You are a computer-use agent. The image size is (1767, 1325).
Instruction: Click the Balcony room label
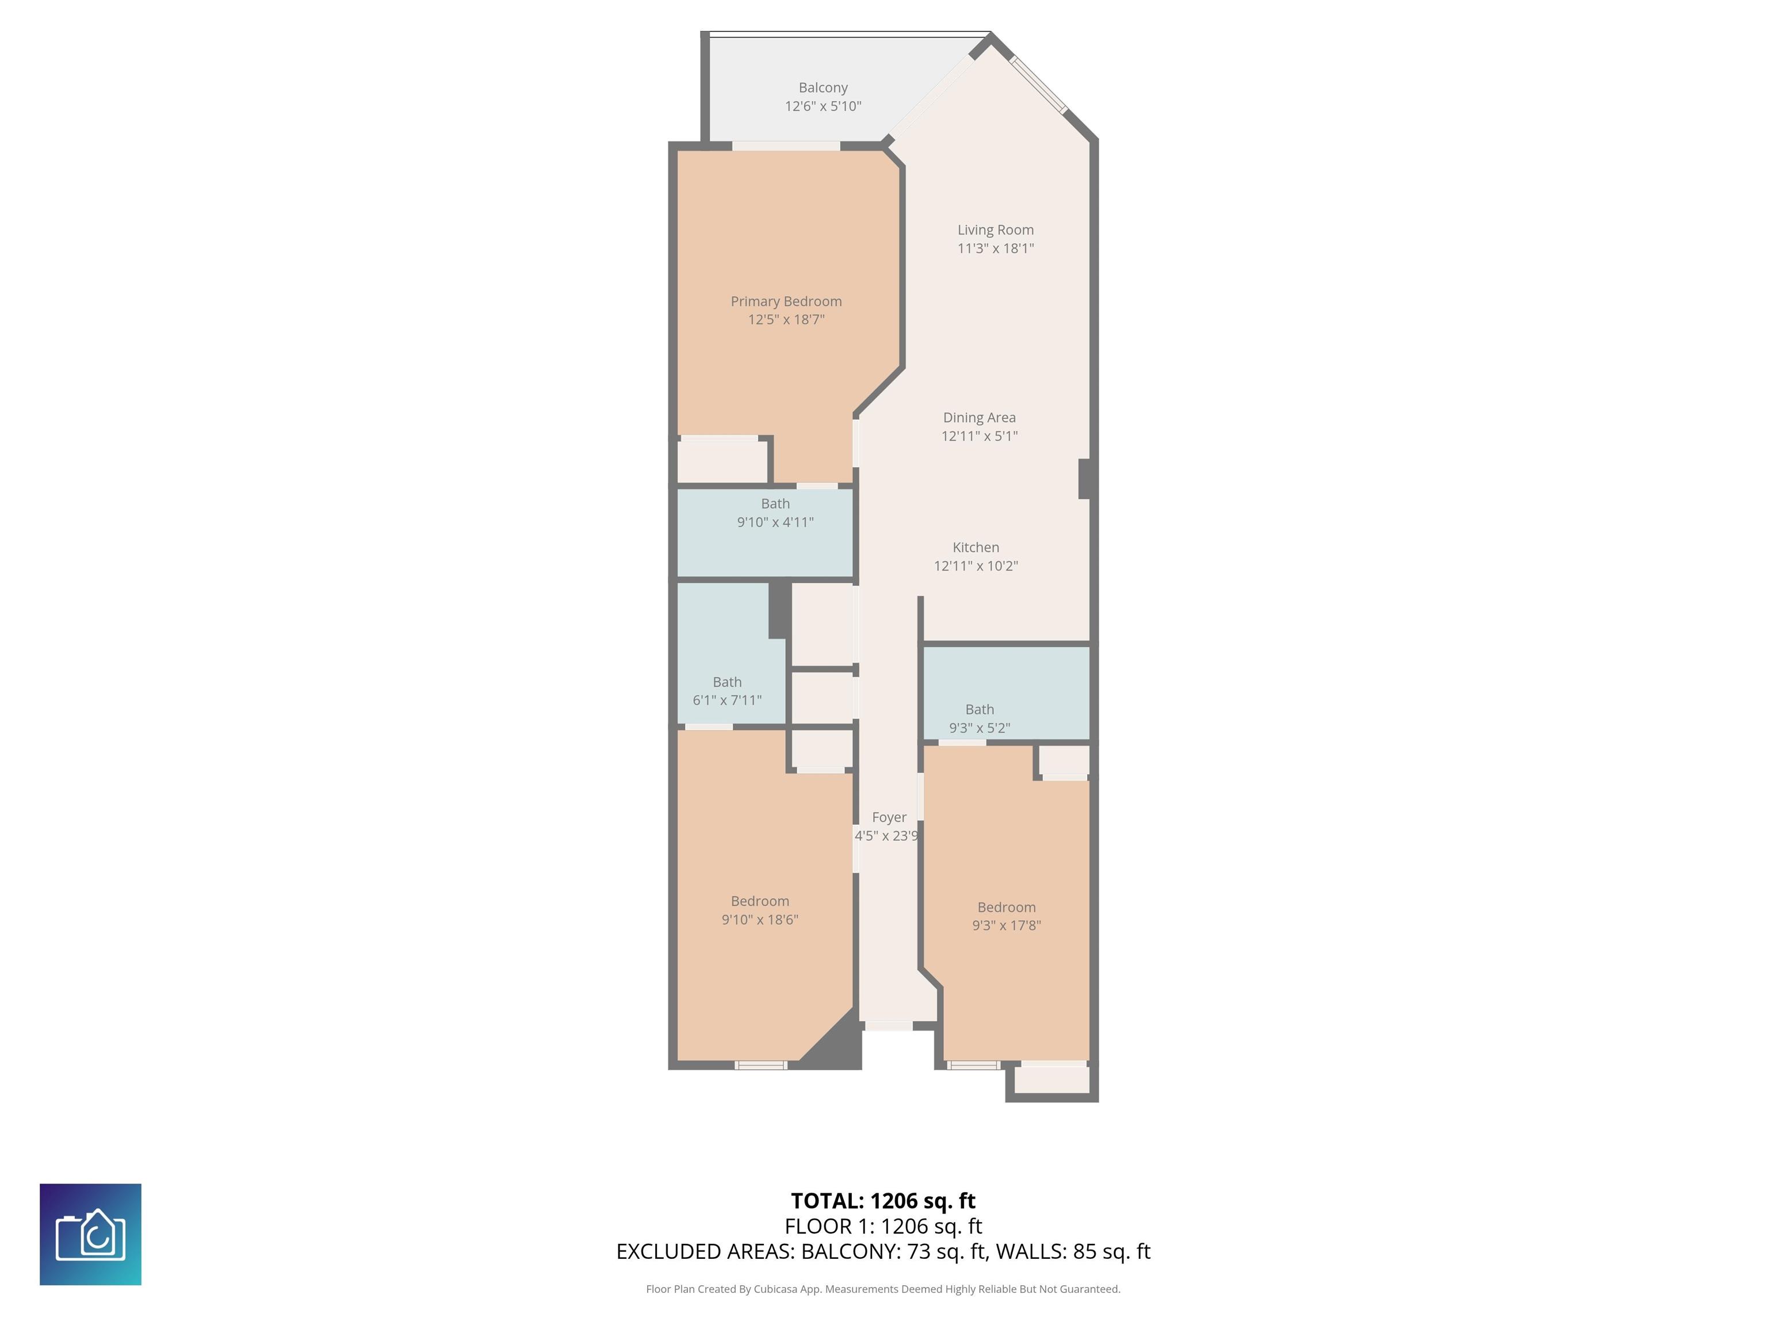pos(823,88)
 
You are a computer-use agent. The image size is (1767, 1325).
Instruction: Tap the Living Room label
pos(995,230)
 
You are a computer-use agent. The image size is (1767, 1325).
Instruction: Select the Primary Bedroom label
pos(786,301)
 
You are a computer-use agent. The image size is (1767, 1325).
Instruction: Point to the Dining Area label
pos(980,418)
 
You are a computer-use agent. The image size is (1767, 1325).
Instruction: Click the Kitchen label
pos(976,547)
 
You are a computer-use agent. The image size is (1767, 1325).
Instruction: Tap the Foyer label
pos(889,817)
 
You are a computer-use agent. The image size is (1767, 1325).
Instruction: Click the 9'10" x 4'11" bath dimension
pos(775,522)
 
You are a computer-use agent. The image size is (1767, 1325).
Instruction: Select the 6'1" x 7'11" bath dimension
pos(727,700)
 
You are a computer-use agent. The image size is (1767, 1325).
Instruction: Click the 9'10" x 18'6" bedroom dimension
pos(760,919)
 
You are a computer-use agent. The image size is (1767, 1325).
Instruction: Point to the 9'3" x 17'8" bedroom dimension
pos(1007,926)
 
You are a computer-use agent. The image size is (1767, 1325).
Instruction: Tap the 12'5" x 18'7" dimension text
pos(786,320)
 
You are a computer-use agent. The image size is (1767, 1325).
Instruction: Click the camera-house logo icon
pos(90,1235)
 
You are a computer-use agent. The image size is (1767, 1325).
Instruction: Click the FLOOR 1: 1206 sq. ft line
pos(883,1226)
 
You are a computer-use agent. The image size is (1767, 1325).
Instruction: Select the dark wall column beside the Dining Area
pos(1085,478)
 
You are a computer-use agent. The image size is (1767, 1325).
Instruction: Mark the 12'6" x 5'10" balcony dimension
pos(823,106)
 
